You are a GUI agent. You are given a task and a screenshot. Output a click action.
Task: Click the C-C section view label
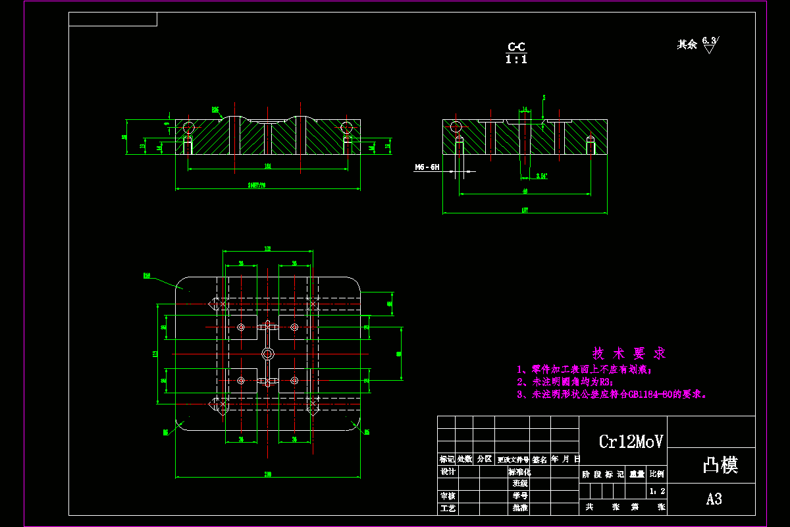(x=516, y=47)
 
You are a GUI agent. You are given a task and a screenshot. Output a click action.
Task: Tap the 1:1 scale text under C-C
(x=516, y=59)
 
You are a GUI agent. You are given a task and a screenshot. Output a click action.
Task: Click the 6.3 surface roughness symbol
(x=709, y=43)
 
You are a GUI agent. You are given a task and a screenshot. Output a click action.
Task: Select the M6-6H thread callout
(x=427, y=168)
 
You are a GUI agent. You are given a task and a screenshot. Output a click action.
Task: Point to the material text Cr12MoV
(x=631, y=441)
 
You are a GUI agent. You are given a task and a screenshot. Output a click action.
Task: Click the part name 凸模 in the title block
(x=720, y=465)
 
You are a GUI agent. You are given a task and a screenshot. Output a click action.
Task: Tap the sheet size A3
(x=714, y=499)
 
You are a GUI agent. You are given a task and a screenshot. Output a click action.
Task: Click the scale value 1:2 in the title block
(x=656, y=491)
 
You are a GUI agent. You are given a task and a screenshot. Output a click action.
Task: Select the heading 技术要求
(x=629, y=353)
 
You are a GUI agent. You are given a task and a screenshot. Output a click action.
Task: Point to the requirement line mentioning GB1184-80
(x=611, y=395)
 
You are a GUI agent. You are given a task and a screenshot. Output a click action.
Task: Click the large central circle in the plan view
(x=267, y=354)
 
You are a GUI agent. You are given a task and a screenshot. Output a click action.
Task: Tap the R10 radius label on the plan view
(x=147, y=276)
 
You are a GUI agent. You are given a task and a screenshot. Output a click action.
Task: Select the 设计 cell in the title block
(x=448, y=472)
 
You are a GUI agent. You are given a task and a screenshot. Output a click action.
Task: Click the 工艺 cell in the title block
(x=448, y=509)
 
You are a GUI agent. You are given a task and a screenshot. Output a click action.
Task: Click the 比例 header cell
(x=656, y=474)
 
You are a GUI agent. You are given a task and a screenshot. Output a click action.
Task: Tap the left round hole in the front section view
(x=189, y=126)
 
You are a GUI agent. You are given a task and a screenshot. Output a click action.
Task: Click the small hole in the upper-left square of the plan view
(x=241, y=327)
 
